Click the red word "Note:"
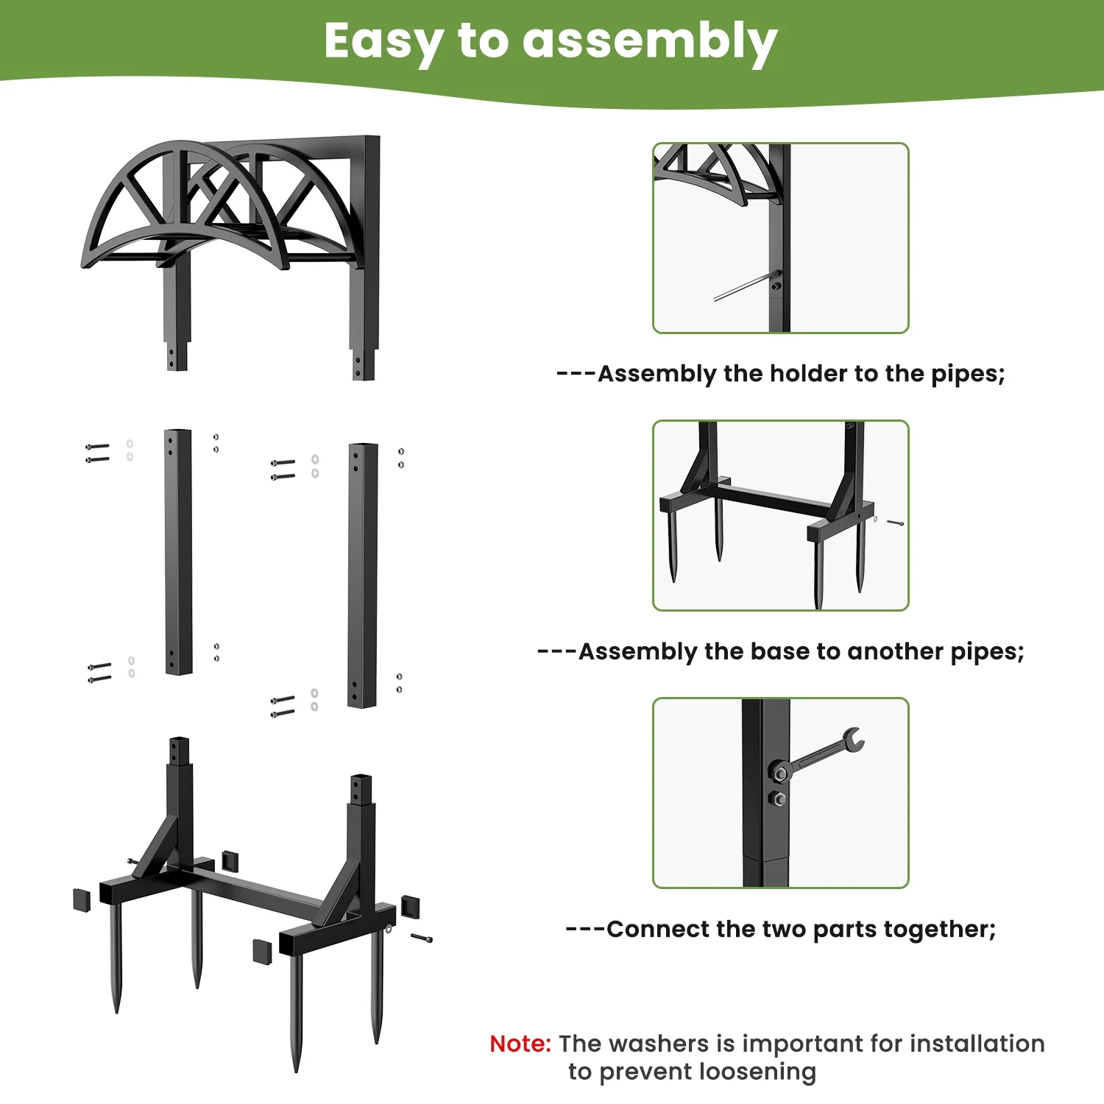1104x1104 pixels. click(520, 1044)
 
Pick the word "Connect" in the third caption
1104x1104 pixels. click(658, 930)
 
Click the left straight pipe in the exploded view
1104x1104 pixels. click(178, 552)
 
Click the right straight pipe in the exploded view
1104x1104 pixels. click(363, 576)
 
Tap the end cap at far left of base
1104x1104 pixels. click(82, 900)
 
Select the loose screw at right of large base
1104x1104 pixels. click(422, 938)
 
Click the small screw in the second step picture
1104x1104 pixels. click(895, 523)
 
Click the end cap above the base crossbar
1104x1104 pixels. click(230, 860)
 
